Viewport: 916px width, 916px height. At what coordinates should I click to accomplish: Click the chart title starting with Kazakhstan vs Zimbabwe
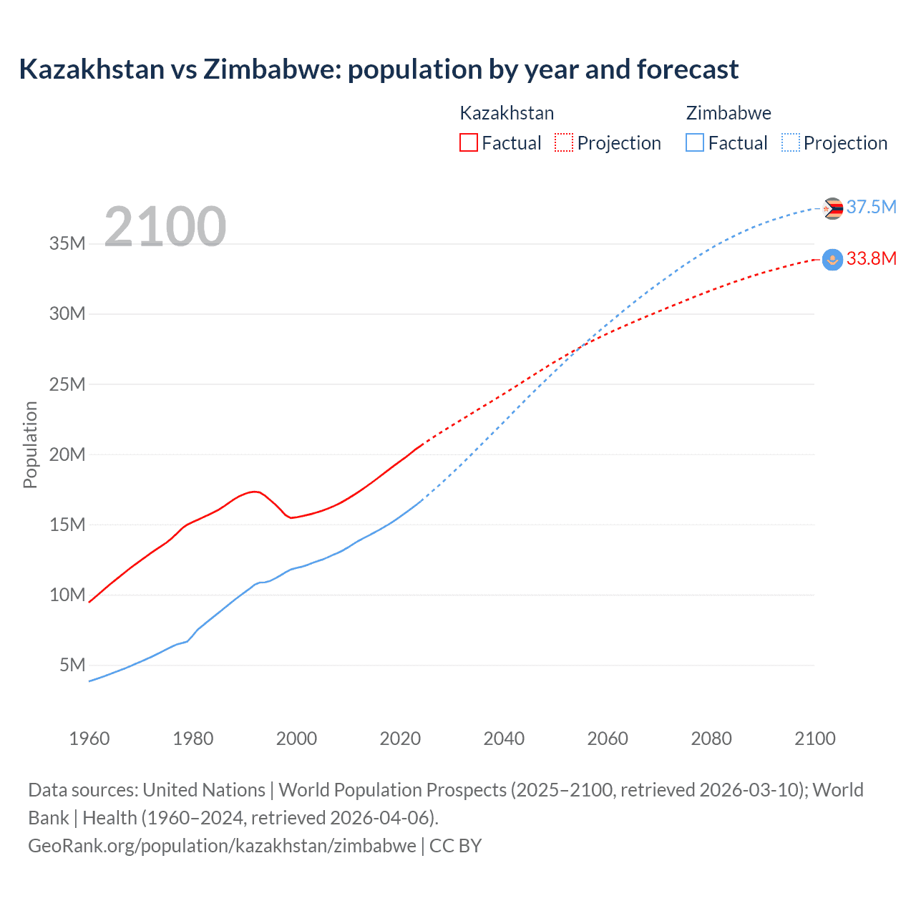coord(379,69)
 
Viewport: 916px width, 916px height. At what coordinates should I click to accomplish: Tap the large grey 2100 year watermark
coord(165,227)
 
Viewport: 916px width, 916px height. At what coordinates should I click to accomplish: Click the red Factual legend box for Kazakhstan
coord(468,142)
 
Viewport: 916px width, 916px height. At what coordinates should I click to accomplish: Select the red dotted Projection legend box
coord(564,142)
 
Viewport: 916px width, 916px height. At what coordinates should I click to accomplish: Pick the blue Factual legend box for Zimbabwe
coord(694,142)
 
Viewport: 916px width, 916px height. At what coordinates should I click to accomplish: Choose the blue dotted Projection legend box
coord(790,142)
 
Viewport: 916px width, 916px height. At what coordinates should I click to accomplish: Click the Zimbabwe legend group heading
coord(729,113)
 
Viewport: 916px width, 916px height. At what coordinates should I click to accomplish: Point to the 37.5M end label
coord(871,207)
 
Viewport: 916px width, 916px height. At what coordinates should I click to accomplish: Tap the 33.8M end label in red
coord(871,258)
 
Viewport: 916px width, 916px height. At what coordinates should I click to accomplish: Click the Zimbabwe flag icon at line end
coord(832,208)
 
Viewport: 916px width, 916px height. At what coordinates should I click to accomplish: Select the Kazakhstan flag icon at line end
coord(832,259)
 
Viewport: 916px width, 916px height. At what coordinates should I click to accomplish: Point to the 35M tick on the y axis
coord(67,243)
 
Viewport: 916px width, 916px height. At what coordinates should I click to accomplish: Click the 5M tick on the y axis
coord(72,665)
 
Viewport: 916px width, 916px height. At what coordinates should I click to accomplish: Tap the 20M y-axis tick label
coord(67,454)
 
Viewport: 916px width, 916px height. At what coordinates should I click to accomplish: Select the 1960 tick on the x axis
coord(89,739)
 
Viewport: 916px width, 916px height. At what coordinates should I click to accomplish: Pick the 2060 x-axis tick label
coord(608,739)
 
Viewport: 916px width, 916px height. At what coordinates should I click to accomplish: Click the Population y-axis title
coord(30,444)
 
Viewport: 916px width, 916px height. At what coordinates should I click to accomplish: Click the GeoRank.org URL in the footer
coord(222,846)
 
